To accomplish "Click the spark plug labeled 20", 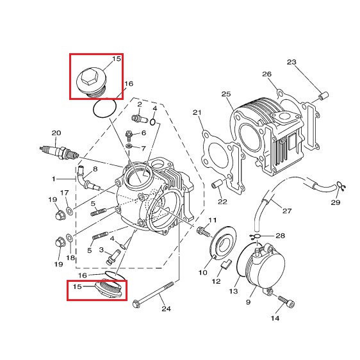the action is [x=59, y=152].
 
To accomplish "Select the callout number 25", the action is [x=226, y=94].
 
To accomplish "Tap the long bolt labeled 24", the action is [x=153, y=294].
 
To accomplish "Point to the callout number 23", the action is [x=291, y=62].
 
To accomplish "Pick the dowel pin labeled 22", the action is [x=217, y=184].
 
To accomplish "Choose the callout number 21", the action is [x=197, y=113].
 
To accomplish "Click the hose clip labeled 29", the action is [x=341, y=186].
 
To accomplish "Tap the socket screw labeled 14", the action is [x=286, y=302].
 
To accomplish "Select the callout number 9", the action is [x=248, y=302].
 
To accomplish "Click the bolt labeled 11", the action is [x=204, y=231].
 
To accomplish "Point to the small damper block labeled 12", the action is [x=225, y=264].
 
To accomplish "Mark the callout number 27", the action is [x=287, y=211].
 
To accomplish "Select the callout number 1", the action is [x=54, y=179].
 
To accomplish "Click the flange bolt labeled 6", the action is [x=129, y=135].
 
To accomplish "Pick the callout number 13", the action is [x=234, y=291].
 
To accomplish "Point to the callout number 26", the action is [x=266, y=74].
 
